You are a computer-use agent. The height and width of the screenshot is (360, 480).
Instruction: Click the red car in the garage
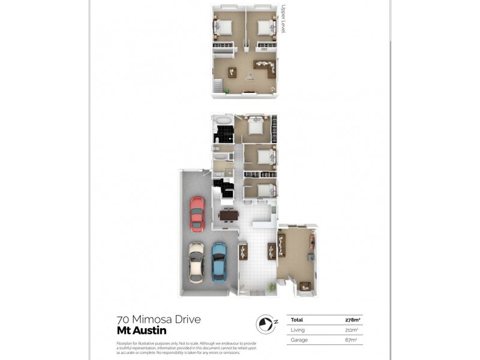[197, 214]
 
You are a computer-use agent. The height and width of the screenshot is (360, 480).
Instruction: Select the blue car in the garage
[220, 262]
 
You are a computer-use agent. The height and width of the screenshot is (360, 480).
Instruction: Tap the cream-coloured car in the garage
[196, 262]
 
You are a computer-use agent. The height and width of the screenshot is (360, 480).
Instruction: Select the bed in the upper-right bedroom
[265, 26]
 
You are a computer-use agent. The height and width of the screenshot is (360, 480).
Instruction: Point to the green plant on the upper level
[227, 91]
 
